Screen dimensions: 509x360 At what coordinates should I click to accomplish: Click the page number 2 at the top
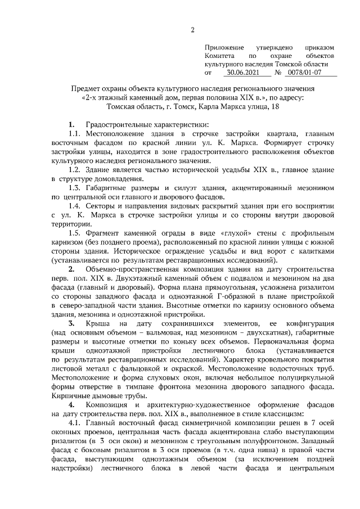click(192, 30)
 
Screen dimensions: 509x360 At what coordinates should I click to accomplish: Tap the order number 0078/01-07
click(304, 73)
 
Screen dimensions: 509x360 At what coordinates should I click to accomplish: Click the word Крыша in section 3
click(97, 325)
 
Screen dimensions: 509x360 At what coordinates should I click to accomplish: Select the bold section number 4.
click(71, 406)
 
